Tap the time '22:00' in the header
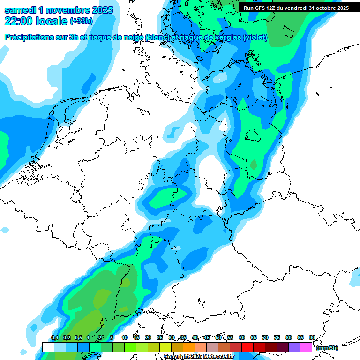19,21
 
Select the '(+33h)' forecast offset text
82,21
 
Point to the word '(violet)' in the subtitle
255,37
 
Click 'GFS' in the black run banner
259,8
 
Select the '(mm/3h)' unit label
327,348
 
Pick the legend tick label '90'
312,337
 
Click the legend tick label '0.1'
54,337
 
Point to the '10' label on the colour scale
125,337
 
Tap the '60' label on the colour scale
242,337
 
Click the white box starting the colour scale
48,347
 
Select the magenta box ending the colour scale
306,347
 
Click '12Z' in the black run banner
271,8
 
